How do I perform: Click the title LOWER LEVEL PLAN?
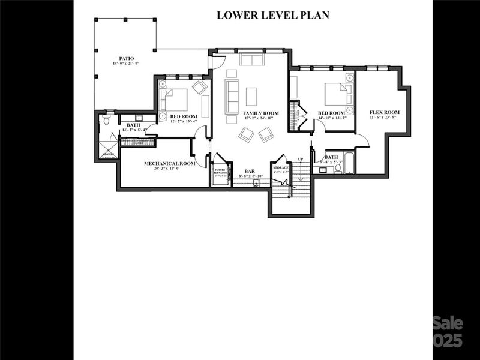coord(272,15)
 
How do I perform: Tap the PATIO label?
coord(125,58)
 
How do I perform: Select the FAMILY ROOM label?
coord(260,113)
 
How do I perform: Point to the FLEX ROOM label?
coord(385,112)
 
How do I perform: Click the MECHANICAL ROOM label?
coord(170,163)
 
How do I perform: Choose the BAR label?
coord(250,172)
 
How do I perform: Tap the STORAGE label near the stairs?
coord(281,167)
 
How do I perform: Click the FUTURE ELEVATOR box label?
coord(220,172)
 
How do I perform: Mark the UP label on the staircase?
coord(301,159)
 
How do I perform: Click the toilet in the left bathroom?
coord(106,121)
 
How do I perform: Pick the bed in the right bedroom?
coord(336,94)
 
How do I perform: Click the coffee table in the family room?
coord(251,96)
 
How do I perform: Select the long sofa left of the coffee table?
coord(232,95)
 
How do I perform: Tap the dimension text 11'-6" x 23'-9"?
coord(385,118)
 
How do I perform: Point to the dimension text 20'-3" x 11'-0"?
coord(170,169)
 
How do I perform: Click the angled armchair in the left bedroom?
coord(200,88)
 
